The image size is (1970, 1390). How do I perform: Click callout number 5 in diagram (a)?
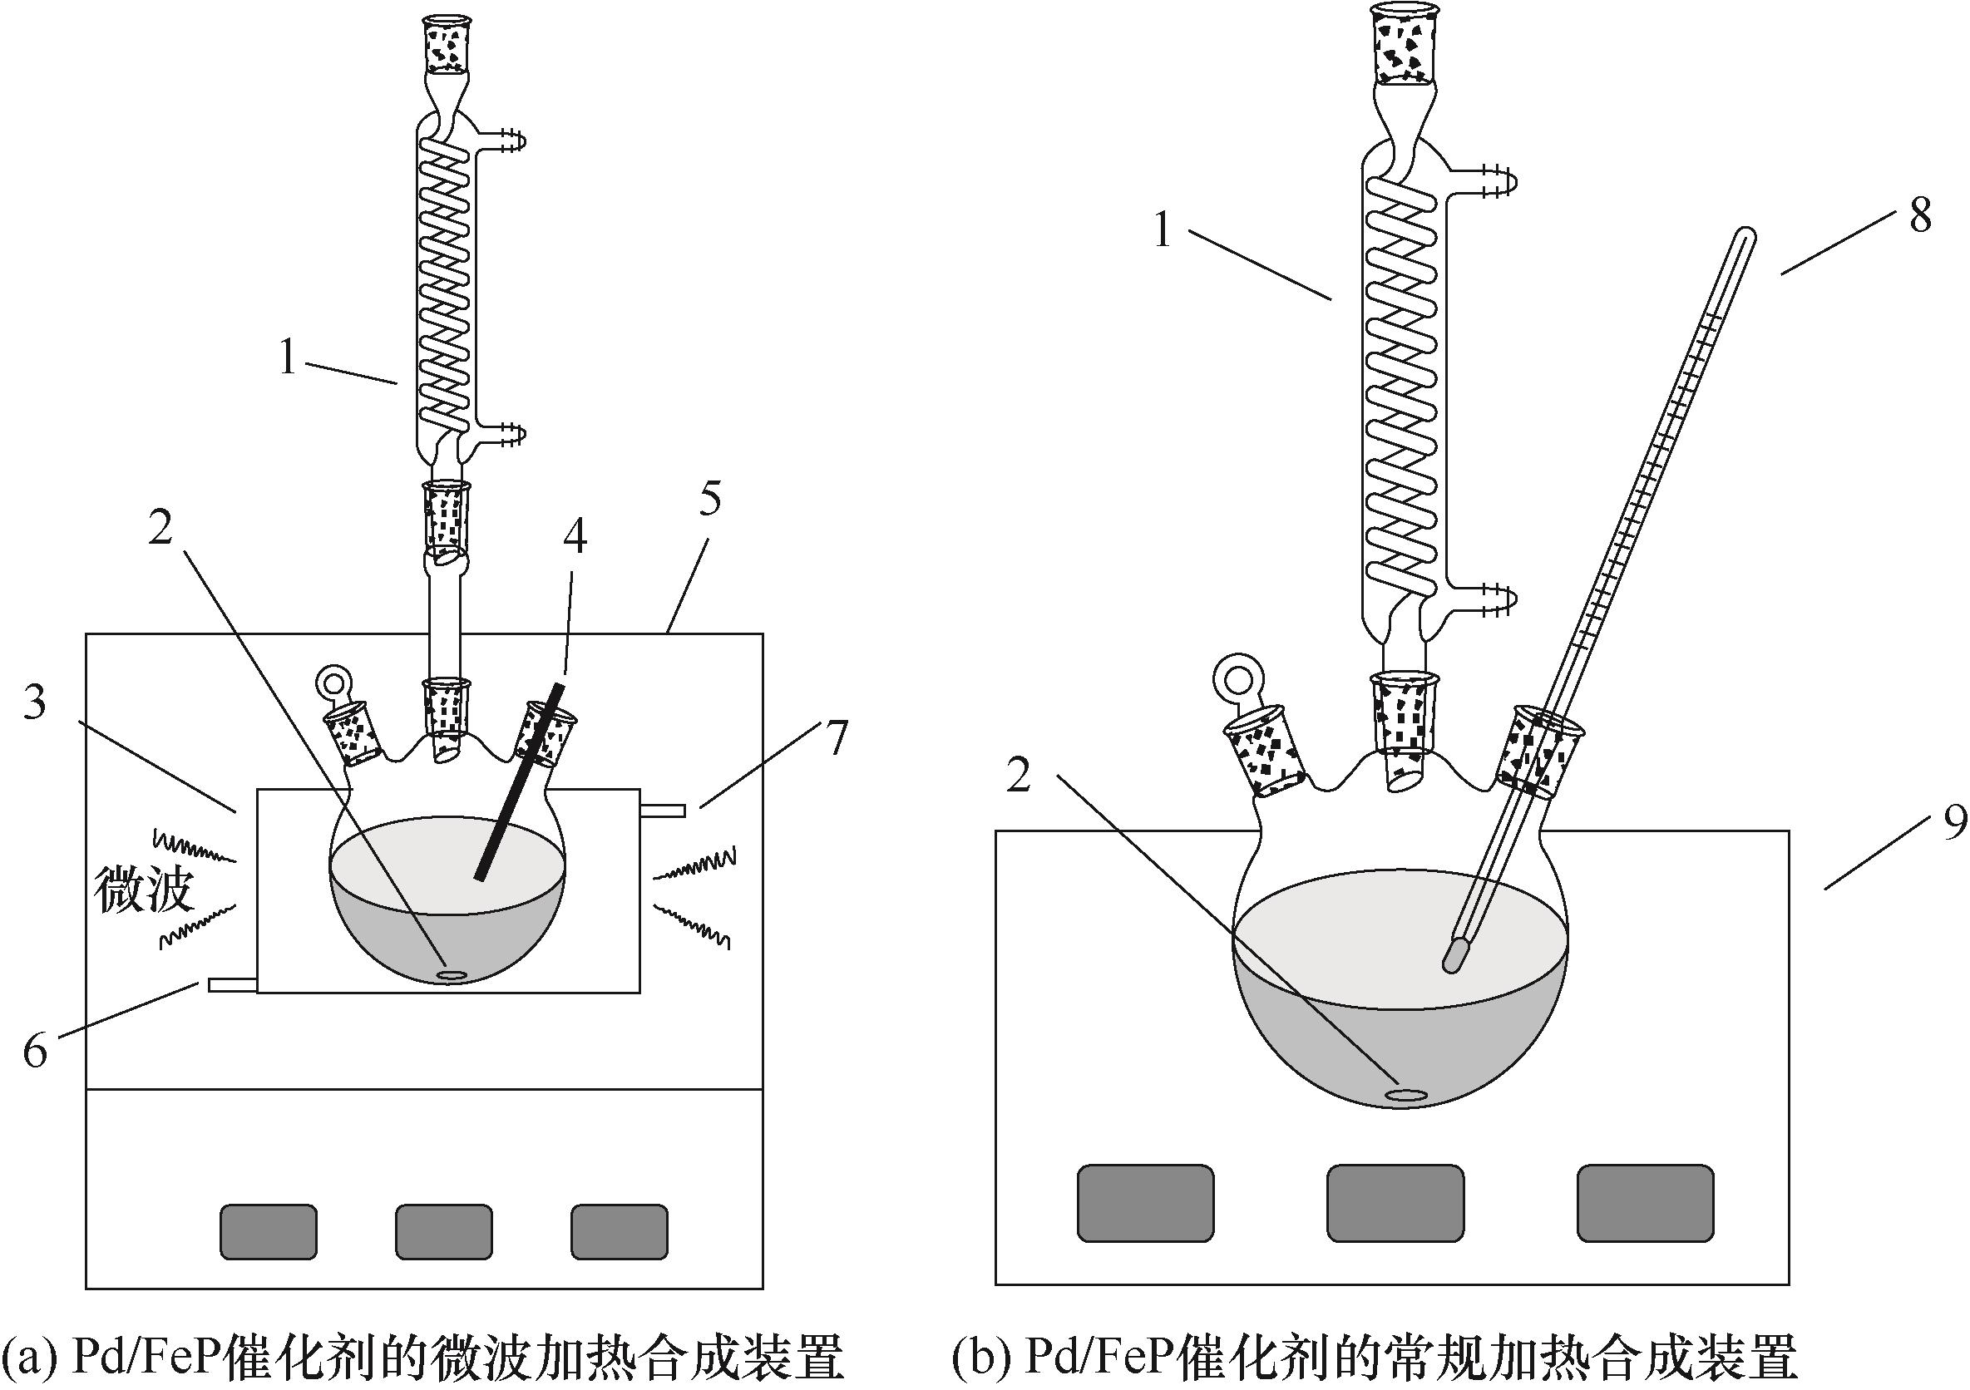pos(709,500)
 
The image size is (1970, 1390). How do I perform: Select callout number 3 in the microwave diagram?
pos(34,702)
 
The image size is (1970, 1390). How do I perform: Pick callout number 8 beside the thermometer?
pos(1920,214)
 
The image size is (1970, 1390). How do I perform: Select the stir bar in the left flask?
pos(450,975)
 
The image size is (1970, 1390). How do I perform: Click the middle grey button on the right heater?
pos(1395,1202)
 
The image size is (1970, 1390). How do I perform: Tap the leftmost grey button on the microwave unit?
pos(269,1232)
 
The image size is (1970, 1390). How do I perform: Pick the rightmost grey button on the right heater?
pos(1646,1202)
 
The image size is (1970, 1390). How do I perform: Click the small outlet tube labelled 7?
pos(663,810)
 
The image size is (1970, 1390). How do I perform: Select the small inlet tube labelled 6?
pos(233,987)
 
